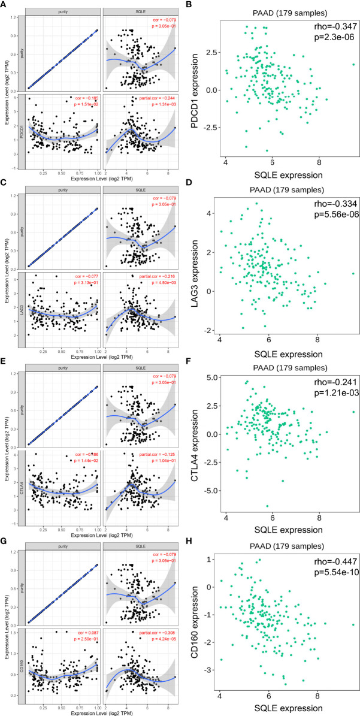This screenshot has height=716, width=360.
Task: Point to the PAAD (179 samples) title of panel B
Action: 283,10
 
